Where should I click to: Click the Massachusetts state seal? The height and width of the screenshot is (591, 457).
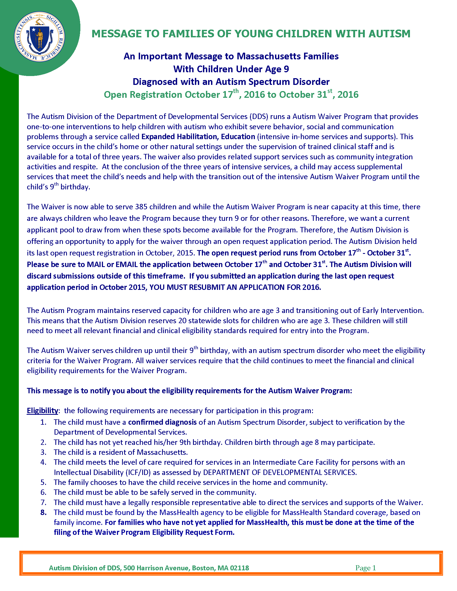[x=40, y=36]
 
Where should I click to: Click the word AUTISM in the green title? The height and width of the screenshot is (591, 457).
[x=390, y=34]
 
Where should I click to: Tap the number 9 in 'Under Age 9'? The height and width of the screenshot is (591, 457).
[x=286, y=69]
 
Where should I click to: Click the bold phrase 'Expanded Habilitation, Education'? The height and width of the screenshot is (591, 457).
[x=198, y=137]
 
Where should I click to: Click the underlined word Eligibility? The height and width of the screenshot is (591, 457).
[x=42, y=411]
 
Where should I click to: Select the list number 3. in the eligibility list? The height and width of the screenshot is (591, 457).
[x=44, y=452]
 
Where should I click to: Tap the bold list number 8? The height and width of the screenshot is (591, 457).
[x=44, y=512]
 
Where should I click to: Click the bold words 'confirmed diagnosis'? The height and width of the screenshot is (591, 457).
[x=162, y=422]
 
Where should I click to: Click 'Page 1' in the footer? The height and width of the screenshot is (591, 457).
[x=366, y=568]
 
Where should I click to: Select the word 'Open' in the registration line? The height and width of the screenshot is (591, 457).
[x=116, y=95]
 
